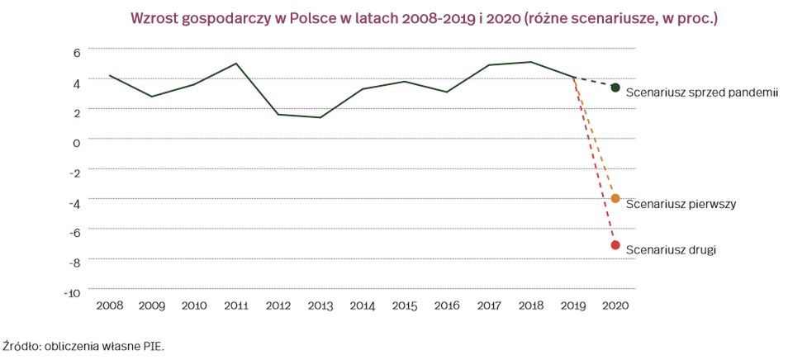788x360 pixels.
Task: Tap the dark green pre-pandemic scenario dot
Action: (x=615, y=88)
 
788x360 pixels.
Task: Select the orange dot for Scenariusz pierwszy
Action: (x=615, y=198)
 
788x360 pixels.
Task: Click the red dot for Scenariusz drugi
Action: (x=615, y=245)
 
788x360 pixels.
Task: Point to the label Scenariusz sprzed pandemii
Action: (x=702, y=93)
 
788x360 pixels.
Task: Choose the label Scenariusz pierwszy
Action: (x=681, y=204)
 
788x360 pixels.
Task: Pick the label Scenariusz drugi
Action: (x=671, y=249)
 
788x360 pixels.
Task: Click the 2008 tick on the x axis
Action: (x=110, y=306)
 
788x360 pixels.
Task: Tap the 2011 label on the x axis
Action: (x=236, y=306)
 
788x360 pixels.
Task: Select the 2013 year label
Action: (x=320, y=306)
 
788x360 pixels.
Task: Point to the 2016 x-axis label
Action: (x=447, y=306)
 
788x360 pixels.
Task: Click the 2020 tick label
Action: (x=615, y=306)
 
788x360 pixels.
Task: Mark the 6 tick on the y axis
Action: (x=76, y=51)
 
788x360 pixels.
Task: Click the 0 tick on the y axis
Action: (x=76, y=142)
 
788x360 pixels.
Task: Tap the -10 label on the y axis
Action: (x=72, y=292)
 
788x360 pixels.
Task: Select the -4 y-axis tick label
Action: (x=74, y=202)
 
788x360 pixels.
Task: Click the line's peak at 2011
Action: (x=236, y=64)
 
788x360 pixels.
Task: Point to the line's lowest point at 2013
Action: (x=320, y=117)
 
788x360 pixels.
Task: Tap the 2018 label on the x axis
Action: (x=531, y=306)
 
